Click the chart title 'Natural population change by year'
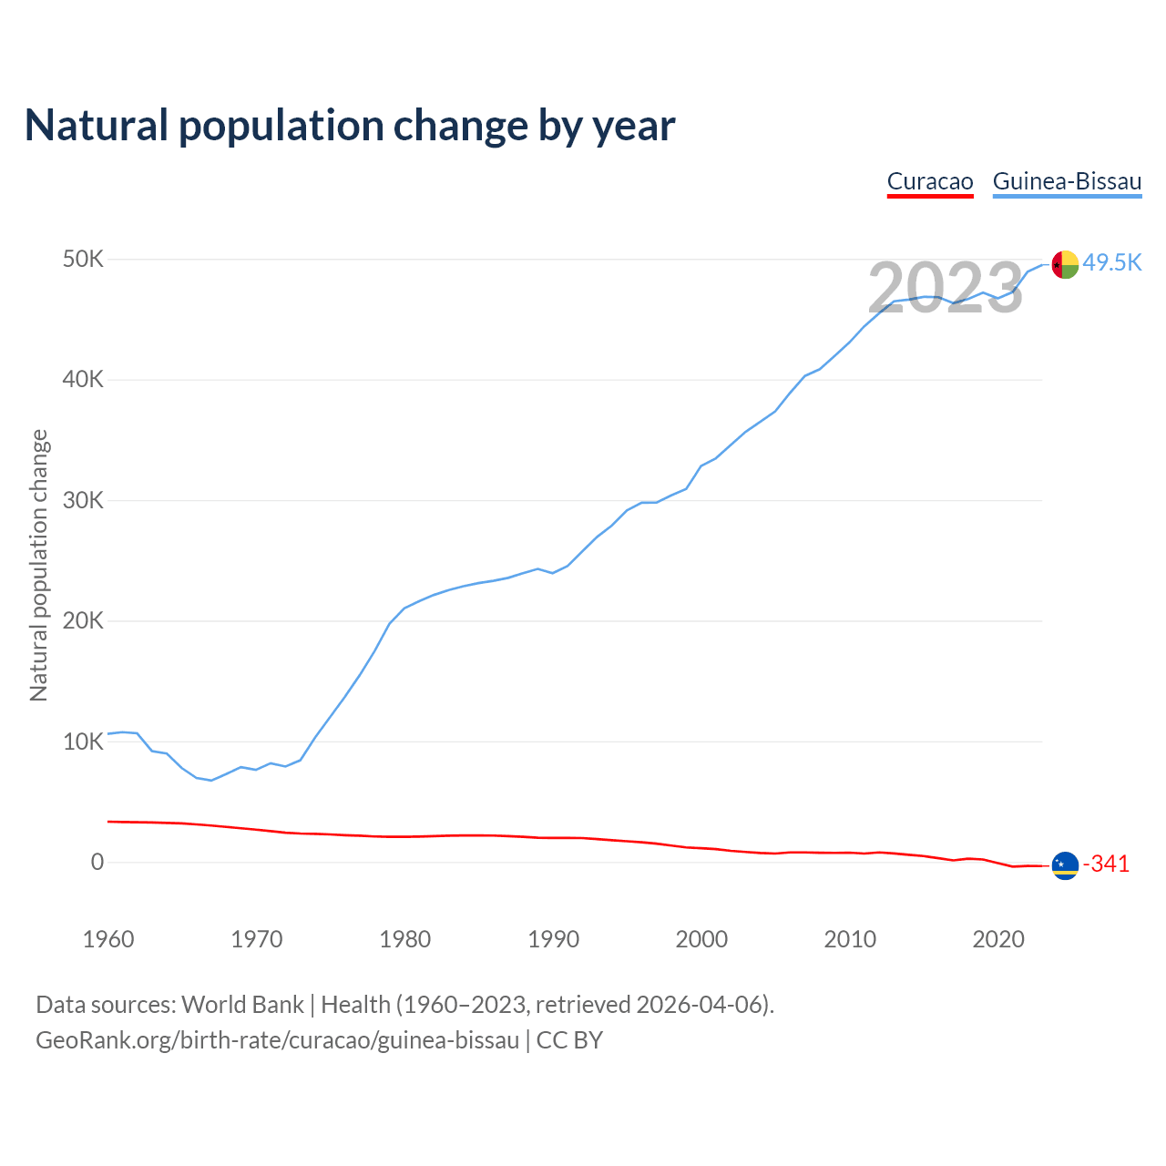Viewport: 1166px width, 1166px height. click(350, 126)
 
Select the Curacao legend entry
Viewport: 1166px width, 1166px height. click(930, 181)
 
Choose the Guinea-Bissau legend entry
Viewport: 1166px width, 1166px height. click(1067, 181)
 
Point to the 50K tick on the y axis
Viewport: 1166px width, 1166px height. click(84, 260)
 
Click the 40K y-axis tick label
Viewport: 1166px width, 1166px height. click(84, 380)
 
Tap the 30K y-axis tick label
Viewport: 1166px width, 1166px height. click(84, 501)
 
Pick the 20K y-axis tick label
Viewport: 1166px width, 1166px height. click(84, 621)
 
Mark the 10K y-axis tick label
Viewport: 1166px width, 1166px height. click(84, 742)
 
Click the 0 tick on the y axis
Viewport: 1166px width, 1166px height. click(97, 863)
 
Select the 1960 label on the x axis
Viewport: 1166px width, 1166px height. click(108, 939)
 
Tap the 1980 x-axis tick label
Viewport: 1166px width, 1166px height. click(405, 939)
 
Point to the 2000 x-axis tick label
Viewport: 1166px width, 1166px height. click(701, 939)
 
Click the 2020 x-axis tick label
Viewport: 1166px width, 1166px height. click(998, 939)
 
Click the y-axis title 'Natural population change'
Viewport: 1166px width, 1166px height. click(39, 565)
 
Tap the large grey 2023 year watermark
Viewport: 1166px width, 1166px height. click(946, 289)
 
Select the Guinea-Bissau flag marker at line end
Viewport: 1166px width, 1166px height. click(1065, 264)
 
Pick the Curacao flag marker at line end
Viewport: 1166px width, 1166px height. click(1065, 865)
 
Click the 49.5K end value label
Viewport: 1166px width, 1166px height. click(1112, 263)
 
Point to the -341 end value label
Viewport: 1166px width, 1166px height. click(1106, 864)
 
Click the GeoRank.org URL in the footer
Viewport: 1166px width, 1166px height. click(277, 1040)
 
